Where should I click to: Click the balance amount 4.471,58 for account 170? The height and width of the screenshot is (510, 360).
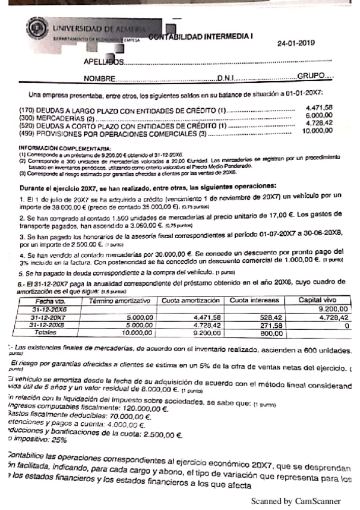pos(319,108)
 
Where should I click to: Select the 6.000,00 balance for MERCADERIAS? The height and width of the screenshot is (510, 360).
pos(319,115)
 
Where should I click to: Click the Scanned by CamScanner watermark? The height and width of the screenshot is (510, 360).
pos(296,500)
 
